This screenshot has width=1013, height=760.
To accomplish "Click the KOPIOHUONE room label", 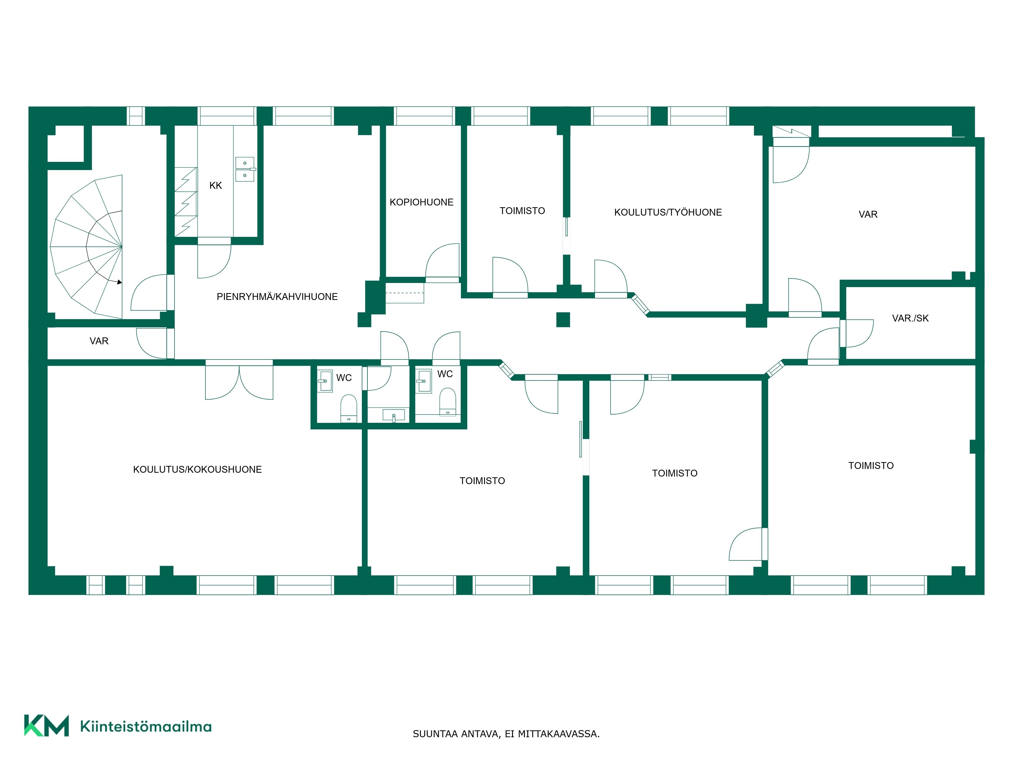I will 421,202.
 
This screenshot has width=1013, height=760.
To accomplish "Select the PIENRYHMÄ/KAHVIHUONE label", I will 277,297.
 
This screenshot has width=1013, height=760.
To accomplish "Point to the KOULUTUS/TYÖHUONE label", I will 668,212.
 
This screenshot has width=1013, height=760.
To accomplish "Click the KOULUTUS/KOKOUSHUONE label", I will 197,470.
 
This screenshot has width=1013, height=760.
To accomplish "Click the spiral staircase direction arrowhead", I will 120,282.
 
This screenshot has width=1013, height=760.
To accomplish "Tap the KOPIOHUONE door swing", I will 443,261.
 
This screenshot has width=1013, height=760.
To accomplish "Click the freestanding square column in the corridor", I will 563,319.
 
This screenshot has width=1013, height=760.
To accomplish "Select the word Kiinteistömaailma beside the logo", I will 146,727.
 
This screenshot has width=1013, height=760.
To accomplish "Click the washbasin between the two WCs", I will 393,415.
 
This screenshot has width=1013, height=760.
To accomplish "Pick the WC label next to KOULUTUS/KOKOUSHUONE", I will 344,378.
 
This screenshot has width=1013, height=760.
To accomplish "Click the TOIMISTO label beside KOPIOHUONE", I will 522,211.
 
